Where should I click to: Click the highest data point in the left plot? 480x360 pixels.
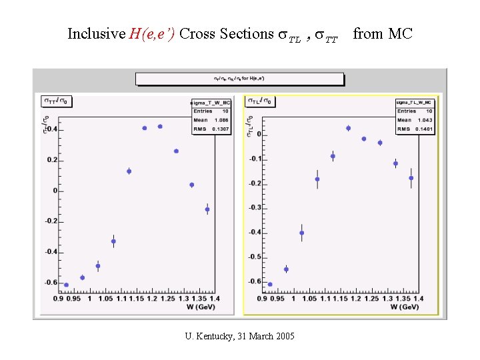tap(160, 126)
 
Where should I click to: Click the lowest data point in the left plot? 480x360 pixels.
tap(66, 285)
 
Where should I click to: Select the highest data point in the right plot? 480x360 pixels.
tap(348, 128)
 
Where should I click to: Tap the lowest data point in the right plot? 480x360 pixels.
tap(270, 285)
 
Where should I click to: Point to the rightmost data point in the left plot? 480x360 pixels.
tap(207, 209)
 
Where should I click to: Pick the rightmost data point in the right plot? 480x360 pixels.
tap(411, 178)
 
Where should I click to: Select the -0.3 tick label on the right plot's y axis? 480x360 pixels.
tap(255, 208)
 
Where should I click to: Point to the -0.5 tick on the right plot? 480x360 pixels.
tap(255, 257)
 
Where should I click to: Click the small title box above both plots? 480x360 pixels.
tap(240, 79)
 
